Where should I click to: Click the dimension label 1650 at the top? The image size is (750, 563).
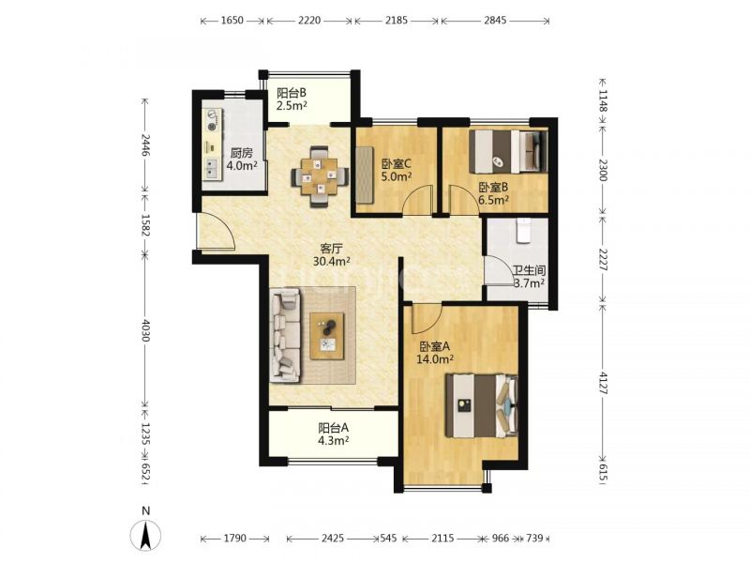click(x=232, y=20)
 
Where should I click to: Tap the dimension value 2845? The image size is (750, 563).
click(x=495, y=20)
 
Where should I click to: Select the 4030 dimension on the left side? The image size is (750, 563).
click(x=146, y=329)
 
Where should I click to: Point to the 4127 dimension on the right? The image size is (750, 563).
click(x=602, y=383)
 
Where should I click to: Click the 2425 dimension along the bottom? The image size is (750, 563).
click(x=333, y=538)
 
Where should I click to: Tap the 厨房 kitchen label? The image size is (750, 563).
click(x=241, y=153)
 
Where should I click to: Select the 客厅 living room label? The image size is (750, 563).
click(x=331, y=249)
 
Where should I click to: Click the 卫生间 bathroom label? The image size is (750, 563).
click(x=530, y=271)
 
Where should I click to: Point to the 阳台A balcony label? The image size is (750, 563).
click(x=334, y=427)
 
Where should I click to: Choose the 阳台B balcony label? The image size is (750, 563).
click(x=292, y=92)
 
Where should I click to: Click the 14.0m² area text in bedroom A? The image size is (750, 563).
click(x=435, y=358)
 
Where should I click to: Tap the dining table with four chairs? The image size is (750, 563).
click(x=319, y=176)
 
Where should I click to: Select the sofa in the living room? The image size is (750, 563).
click(x=286, y=335)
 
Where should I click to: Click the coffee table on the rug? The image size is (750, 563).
click(x=327, y=336)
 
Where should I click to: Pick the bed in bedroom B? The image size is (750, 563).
click(x=508, y=152)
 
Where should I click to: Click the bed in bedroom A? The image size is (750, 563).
click(x=482, y=406)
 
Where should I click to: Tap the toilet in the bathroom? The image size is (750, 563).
click(x=524, y=231)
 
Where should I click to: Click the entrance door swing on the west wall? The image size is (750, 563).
click(x=217, y=231)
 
